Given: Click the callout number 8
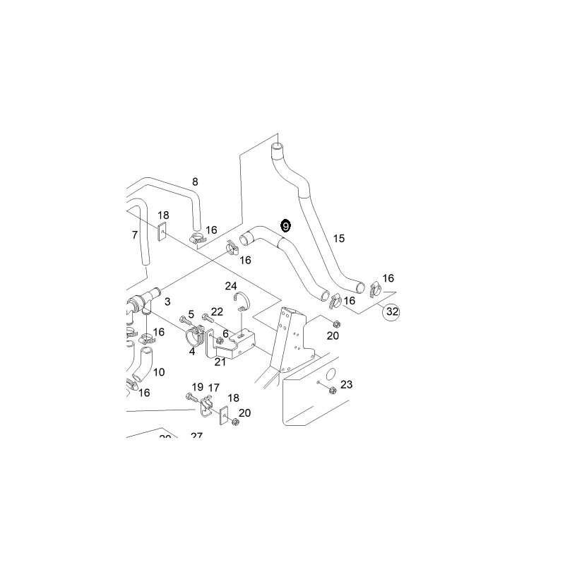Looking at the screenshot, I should click(x=196, y=182).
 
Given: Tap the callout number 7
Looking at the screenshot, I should click(x=135, y=235).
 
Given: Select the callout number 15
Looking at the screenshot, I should click(x=339, y=239).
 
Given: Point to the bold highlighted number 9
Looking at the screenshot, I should click(x=285, y=226).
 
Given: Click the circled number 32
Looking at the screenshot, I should click(x=391, y=311).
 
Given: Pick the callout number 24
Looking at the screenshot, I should click(x=231, y=286).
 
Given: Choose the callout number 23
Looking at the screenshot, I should click(x=346, y=385).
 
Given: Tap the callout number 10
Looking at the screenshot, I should click(x=159, y=372).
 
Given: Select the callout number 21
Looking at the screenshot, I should click(x=220, y=362).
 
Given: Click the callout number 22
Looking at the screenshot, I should click(x=217, y=311).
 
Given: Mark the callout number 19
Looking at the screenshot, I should click(x=197, y=387).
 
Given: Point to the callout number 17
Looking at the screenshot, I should click(x=214, y=388).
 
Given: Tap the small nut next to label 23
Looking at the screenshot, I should click(x=320, y=383).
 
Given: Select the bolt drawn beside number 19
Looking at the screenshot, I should click(x=194, y=400).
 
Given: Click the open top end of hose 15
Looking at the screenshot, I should click(x=277, y=148).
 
